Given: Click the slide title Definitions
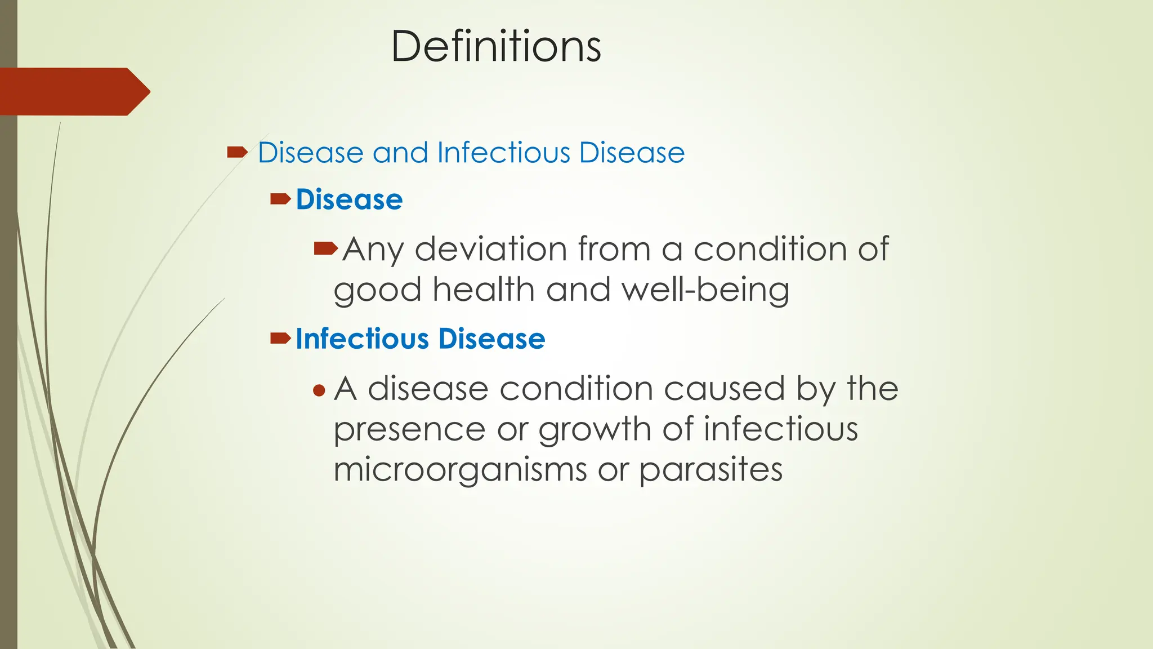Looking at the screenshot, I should (x=496, y=46).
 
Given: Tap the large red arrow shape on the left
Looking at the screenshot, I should (x=73, y=92).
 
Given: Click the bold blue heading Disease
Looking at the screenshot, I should (x=349, y=200).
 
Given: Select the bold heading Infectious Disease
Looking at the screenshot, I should (x=420, y=339).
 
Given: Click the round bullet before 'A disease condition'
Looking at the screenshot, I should (x=319, y=390).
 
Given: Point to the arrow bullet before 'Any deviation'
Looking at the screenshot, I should (x=325, y=248).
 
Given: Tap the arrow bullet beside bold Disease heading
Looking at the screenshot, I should (x=280, y=199).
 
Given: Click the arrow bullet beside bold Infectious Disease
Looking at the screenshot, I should (x=280, y=338).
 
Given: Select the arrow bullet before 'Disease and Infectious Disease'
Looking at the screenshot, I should (x=237, y=152).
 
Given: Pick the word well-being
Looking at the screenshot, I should (x=705, y=291).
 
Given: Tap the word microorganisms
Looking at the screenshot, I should (x=460, y=470).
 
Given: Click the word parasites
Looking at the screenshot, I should (x=710, y=470).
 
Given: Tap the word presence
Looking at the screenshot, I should (x=409, y=430).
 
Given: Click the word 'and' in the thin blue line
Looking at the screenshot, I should (x=400, y=153).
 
